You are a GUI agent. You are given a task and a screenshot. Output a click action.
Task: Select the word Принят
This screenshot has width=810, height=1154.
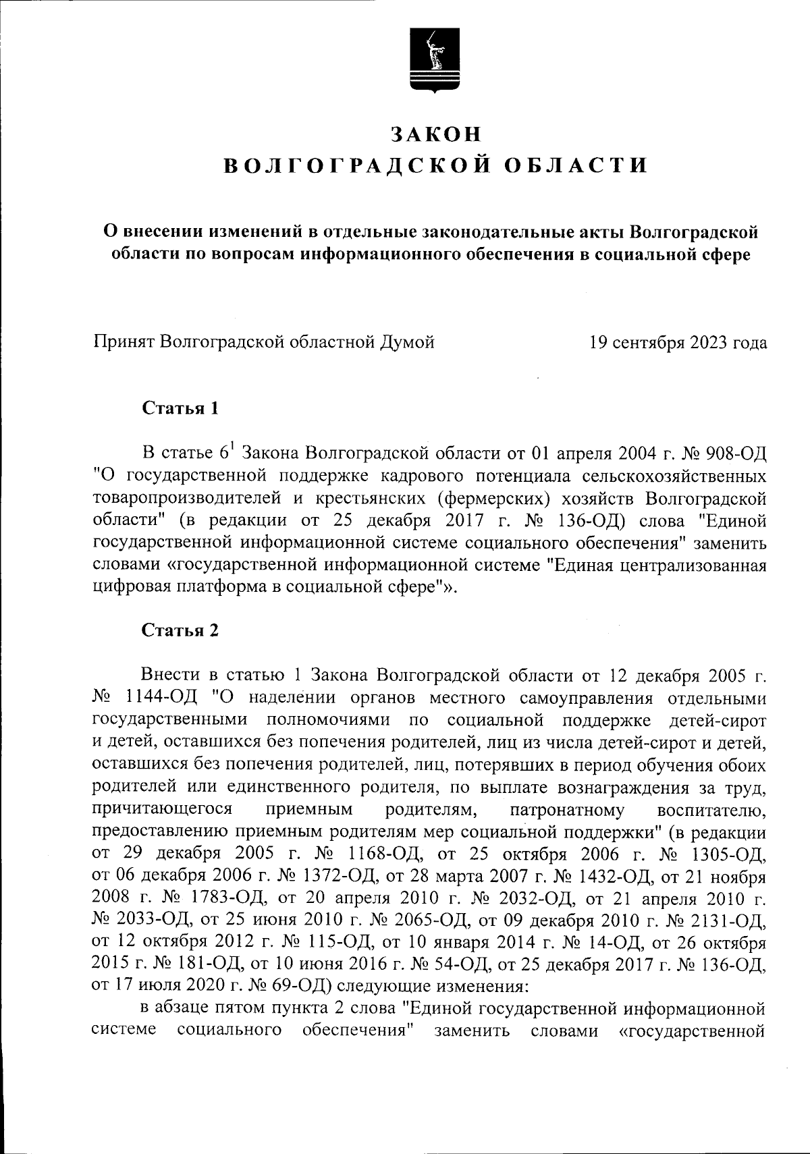pos(124,342)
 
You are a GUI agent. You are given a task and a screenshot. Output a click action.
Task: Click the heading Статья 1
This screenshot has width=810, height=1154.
pos(180,408)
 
